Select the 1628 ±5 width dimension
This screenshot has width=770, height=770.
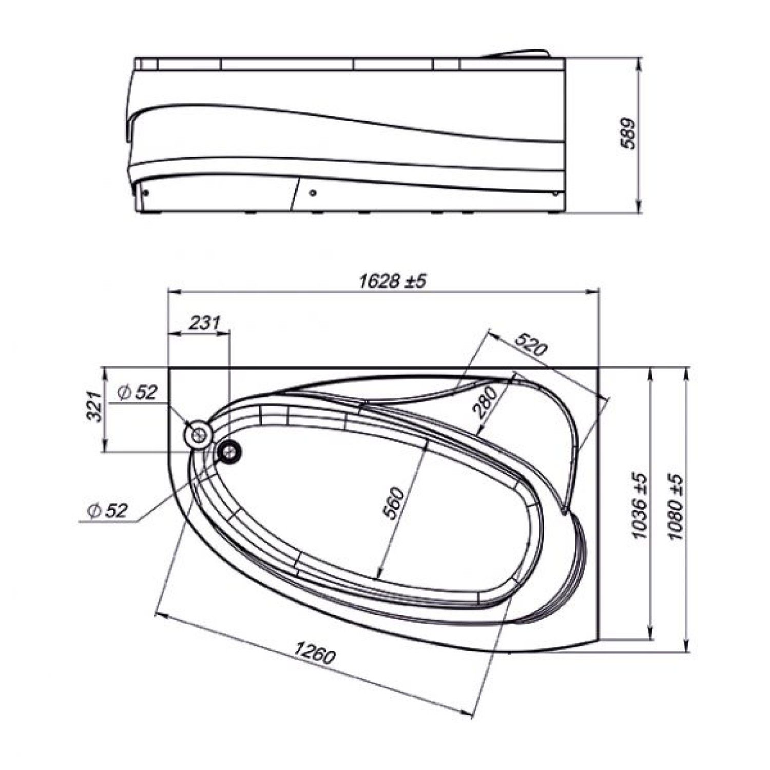(393, 281)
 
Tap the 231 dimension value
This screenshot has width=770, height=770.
(204, 323)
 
